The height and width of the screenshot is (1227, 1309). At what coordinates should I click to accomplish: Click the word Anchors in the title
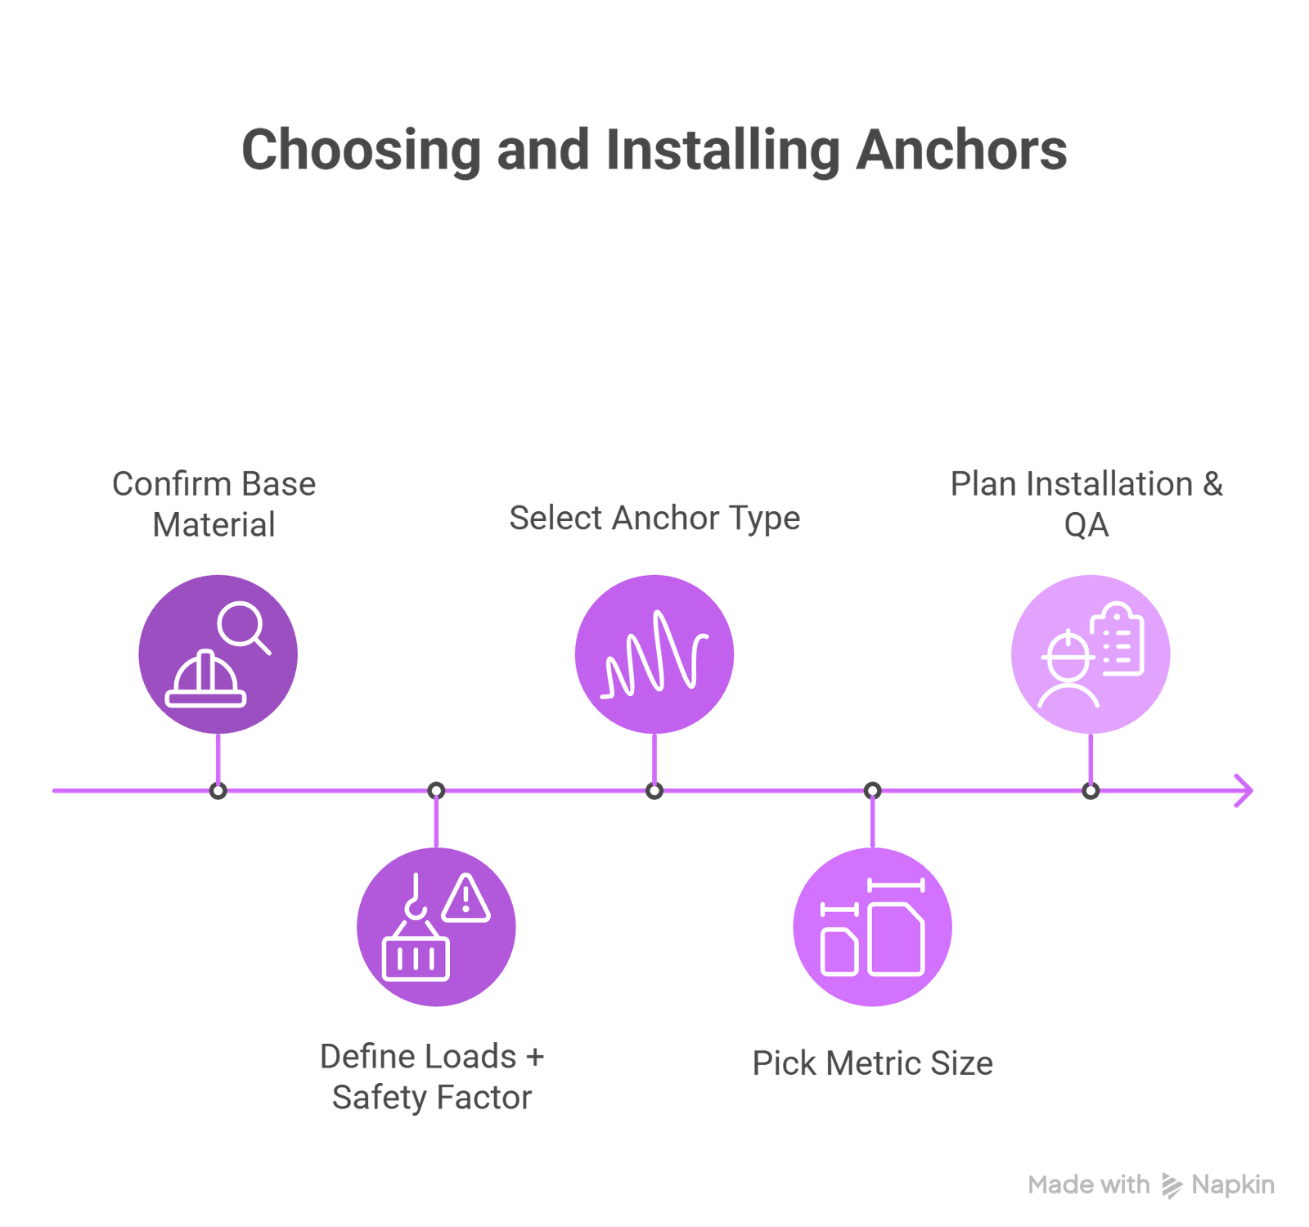tap(961, 151)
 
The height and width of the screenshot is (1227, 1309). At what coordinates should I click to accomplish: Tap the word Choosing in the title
tap(361, 151)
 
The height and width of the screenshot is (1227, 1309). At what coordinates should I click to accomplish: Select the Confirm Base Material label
tap(214, 504)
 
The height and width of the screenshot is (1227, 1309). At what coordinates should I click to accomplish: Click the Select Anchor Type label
tap(654, 518)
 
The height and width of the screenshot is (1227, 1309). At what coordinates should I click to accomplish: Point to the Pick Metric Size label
tap(872, 1063)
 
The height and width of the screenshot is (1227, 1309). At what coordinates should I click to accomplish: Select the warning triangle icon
tap(466, 898)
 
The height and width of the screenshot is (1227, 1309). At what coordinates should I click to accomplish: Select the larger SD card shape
tap(897, 939)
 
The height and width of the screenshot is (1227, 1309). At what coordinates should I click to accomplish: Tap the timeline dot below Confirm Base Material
tap(218, 791)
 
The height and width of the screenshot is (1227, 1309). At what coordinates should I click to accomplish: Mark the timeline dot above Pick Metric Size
tap(872, 791)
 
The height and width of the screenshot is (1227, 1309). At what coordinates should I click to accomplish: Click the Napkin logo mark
tap(1172, 1185)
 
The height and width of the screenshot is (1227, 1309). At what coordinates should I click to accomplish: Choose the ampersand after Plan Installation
tap(1212, 483)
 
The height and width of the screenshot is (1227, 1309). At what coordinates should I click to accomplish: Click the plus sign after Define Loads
tap(535, 1057)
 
